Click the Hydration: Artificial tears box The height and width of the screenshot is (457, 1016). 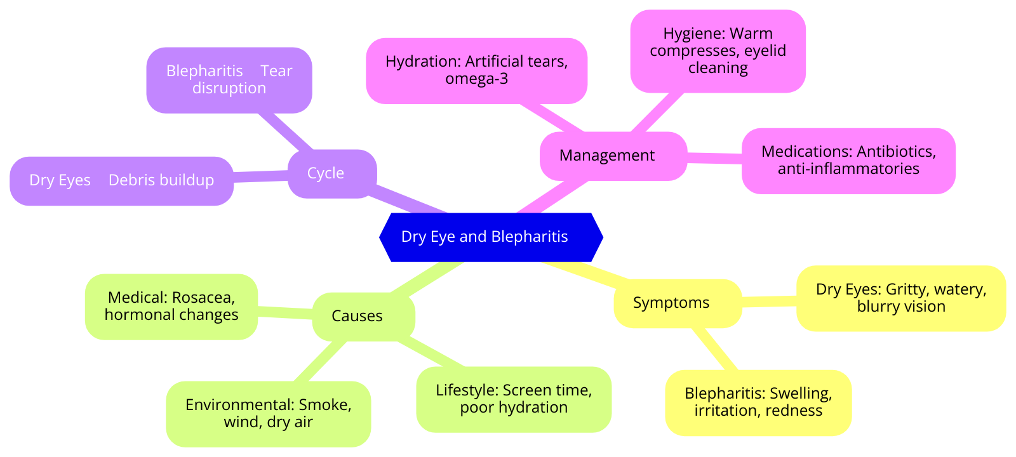coord(476,70)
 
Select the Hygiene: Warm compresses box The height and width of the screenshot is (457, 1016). coord(718,51)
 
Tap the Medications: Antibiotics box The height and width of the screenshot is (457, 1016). coord(848,161)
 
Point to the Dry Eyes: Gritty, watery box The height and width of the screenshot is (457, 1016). coord(900,298)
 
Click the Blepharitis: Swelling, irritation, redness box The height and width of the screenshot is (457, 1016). coord(758,402)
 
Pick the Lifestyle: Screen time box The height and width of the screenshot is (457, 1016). coord(513,399)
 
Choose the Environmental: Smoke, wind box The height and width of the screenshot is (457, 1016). coord(268,413)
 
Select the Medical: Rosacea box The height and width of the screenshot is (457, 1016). coord(171,306)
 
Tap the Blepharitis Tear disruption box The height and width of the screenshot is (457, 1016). coord(229,80)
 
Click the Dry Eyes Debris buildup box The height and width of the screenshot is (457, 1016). coord(121,180)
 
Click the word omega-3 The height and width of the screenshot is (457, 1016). coord(476,79)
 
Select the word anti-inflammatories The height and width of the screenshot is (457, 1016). coord(848,169)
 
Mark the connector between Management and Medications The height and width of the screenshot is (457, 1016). coord(714,157)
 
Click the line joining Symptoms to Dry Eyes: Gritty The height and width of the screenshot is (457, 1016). coord(769,301)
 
